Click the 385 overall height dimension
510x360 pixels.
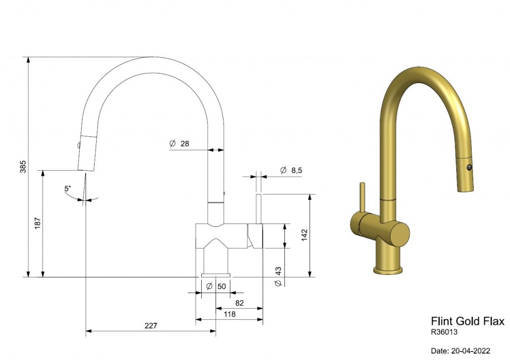[23, 166]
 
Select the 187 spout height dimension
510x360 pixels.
[37, 223]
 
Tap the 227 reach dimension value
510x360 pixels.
[151, 325]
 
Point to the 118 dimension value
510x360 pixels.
[230, 314]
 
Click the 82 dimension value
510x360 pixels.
[240, 303]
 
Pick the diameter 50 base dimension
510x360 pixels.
[216, 286]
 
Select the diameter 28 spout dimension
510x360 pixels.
[179, 143]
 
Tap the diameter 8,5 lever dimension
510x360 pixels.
[291, 170]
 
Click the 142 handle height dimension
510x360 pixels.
[304, 235]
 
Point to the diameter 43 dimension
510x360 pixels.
[278, 277]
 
